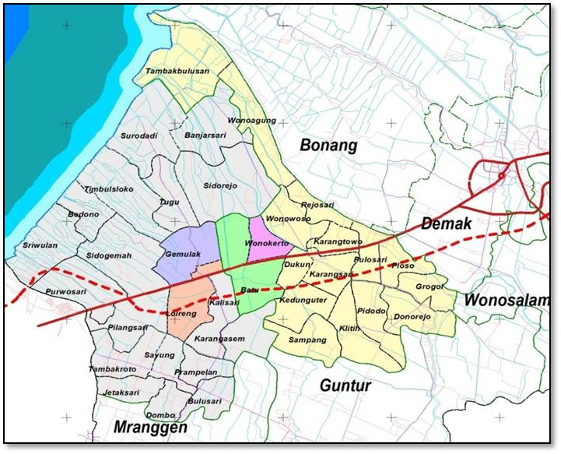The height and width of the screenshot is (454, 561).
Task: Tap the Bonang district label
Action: point(328,145)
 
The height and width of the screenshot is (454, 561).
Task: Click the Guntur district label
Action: point(345,385)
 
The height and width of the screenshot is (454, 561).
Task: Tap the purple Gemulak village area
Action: point(183,249)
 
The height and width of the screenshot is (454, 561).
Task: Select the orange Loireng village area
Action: point(189,308)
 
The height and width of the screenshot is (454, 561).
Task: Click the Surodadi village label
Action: point(139,136)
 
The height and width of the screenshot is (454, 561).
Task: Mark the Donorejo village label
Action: point(418,318)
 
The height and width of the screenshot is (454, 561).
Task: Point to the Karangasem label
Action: point(219,339)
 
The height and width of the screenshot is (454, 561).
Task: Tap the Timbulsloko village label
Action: point(110,189)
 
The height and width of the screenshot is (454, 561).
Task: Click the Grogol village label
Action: point(429,287)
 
